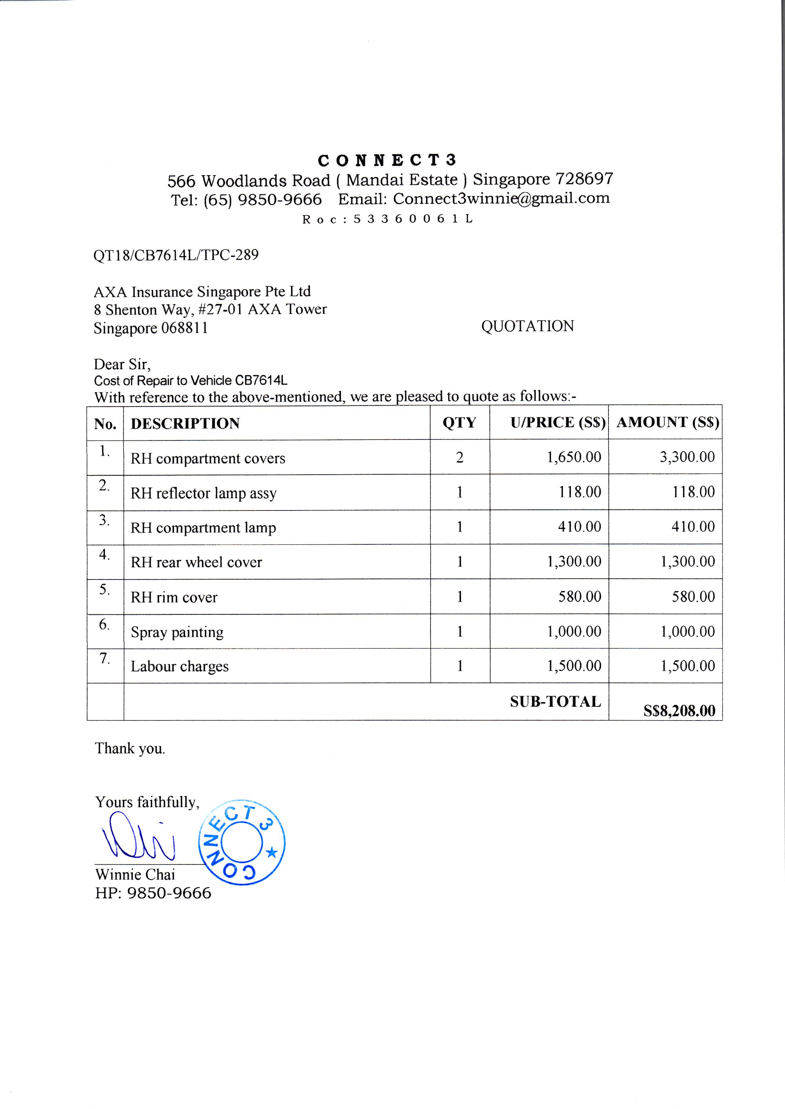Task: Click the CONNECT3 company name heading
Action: click(387, 160)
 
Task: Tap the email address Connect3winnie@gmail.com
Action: click(501, 198)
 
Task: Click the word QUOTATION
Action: click(527, 326)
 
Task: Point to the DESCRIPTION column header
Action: click(185, 424)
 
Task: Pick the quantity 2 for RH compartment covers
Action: click(459, 457)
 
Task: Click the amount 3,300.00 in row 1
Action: click(687, 457)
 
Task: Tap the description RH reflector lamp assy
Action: click(203, 493)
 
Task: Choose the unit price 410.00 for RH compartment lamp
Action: click(580, 527)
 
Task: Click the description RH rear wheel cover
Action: click(196, 562)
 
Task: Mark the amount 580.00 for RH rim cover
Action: click(693, 597)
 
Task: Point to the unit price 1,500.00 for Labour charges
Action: click(574, 666)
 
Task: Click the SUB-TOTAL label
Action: click(555, 702)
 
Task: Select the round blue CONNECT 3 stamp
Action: click(242, 842)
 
